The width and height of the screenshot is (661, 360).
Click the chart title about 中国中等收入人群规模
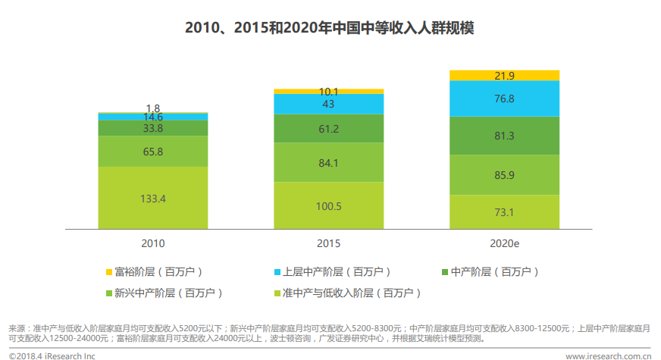pos(330,28)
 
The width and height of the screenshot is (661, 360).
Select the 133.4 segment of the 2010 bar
pos(153,198)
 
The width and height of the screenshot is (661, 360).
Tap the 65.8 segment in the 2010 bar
pos(153,152)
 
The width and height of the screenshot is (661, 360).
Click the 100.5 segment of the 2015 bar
pos(328,205)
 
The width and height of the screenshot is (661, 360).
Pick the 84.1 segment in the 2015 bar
pos(328,161)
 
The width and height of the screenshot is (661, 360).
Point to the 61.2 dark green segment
pos(328,129)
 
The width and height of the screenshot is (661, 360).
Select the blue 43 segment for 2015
pos(328,104)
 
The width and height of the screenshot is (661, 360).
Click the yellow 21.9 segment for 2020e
pos(504,75)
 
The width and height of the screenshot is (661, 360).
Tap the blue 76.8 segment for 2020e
pos(504,99)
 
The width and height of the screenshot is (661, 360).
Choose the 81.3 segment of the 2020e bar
pos(504,136)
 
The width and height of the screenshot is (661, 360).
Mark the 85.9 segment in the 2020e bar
pos(504,175)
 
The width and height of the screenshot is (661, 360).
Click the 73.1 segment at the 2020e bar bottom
pos(504,211)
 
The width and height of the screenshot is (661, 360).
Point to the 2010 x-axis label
pos(153,243)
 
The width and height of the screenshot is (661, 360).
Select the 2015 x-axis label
pos(328,243)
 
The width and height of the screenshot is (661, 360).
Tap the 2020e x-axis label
pos(504,243)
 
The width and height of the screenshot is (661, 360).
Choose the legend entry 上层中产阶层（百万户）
pos(334,271)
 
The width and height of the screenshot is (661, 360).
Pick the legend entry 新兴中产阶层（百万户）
pos(167,292)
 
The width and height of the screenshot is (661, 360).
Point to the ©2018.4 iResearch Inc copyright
pos(52,355)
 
